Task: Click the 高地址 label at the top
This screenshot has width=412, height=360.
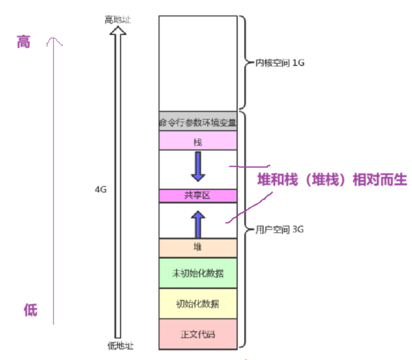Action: coord(117,20)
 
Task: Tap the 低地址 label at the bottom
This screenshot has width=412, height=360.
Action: coord(120,346)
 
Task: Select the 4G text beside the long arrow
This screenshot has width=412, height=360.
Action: coord(101,189)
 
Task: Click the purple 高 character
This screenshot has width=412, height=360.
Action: coord(23,42)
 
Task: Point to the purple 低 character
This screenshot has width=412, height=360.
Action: coord(30,310)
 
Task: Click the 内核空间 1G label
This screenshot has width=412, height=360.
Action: coord(280,63)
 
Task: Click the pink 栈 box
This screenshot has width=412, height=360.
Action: coord(198,142)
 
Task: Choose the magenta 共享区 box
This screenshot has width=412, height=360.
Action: coord(198,196)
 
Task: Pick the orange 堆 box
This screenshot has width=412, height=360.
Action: coord(198,247)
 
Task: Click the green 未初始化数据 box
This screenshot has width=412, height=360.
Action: coord(198,273)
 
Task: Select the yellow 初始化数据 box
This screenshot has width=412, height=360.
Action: coord(198,304)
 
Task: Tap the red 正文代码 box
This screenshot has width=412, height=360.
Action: coord(198,334)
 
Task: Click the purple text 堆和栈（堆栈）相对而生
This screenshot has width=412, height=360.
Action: coord(332,180)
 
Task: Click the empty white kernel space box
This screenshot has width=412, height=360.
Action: coord(198,63)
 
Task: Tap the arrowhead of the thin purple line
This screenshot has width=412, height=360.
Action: coord(54,40)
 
